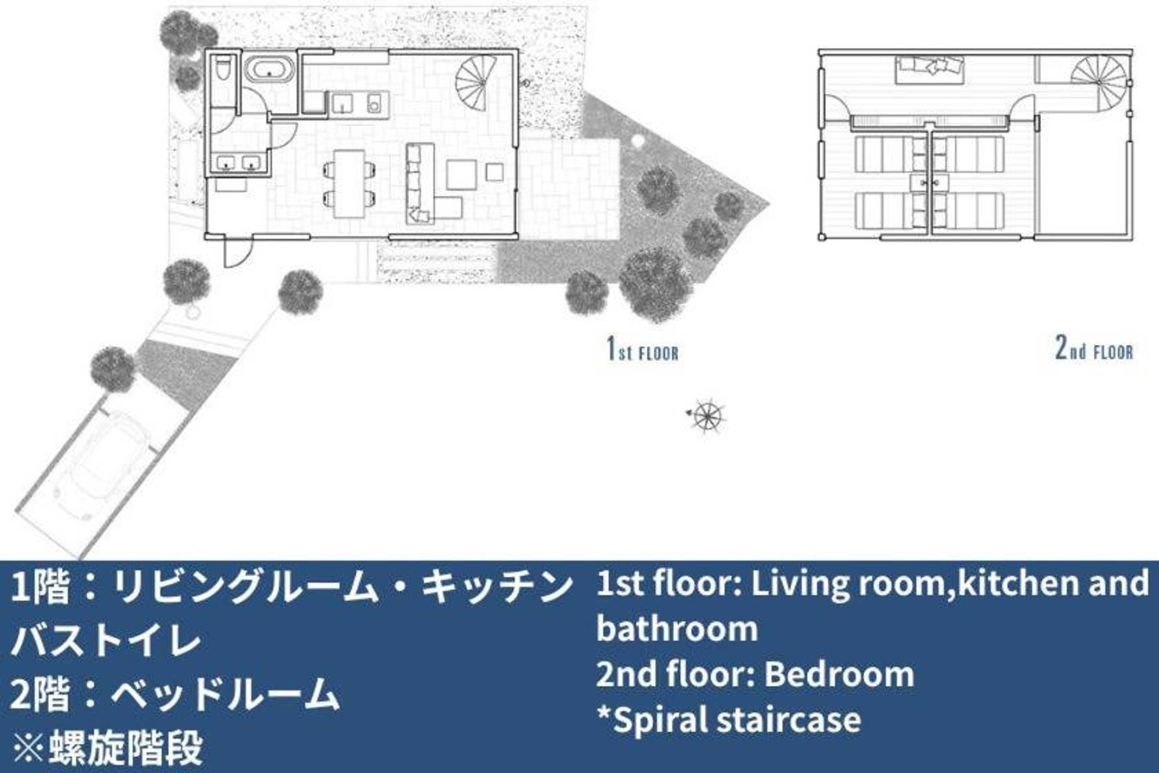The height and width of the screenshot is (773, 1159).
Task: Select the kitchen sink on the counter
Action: [x=342, y=104]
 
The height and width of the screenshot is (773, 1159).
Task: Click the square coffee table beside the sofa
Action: [x=461, y=175]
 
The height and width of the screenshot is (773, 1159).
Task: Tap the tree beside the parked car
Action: [x=113, y=369]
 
